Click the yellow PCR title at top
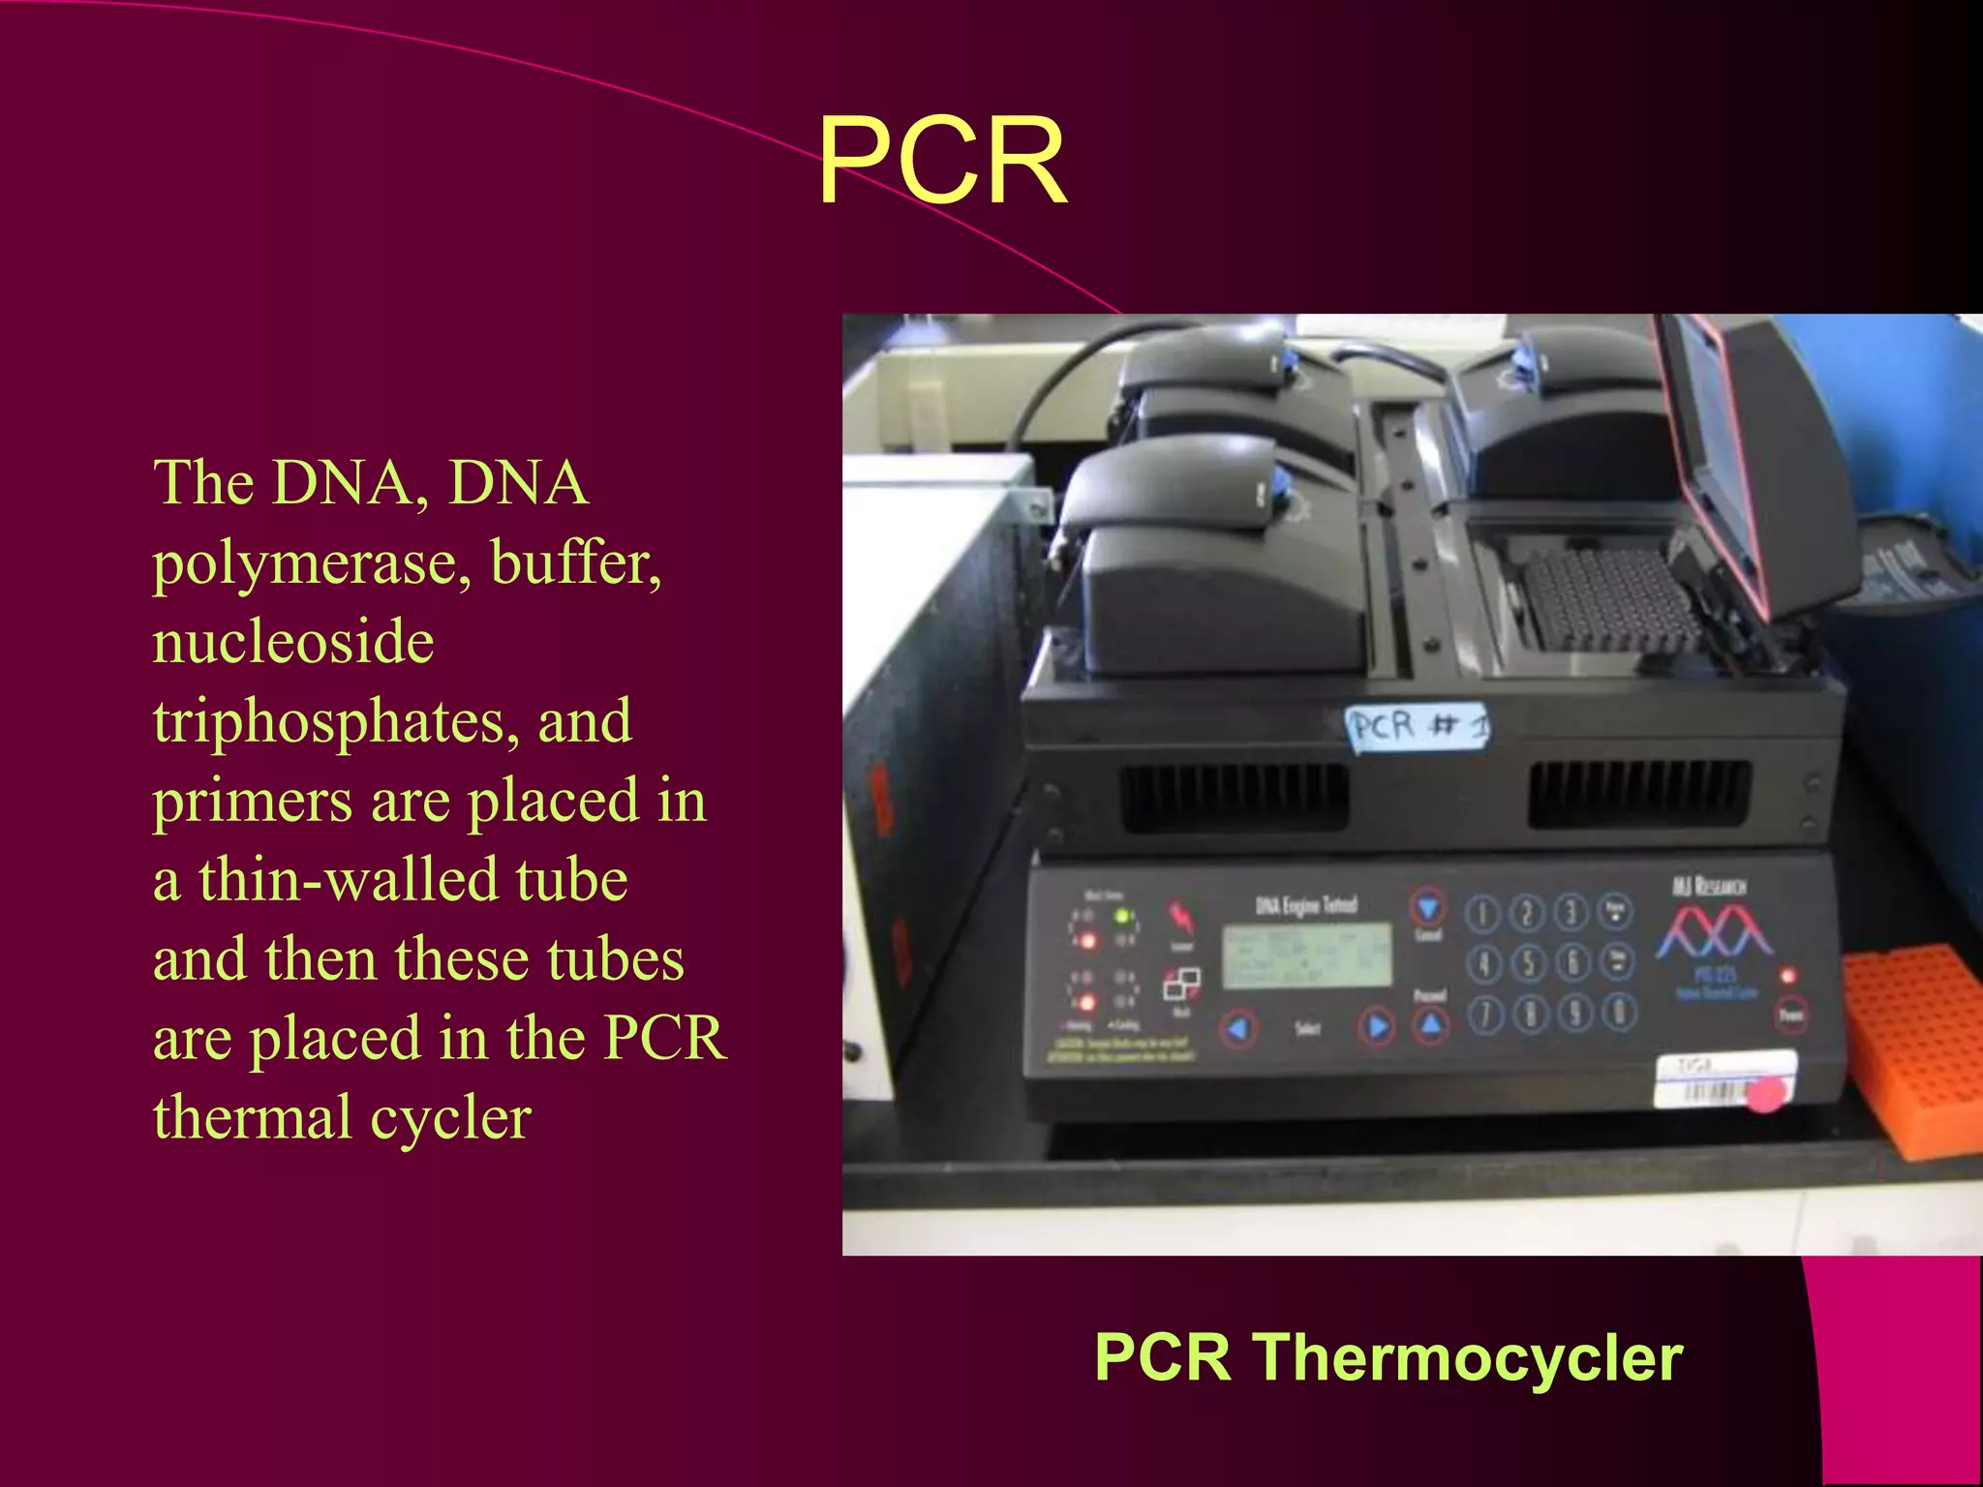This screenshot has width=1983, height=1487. click(941, 161)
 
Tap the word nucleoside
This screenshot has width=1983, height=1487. click(293, 643)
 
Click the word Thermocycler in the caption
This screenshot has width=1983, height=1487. click(1468, 1357)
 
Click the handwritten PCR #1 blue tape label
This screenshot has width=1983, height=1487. click(1418, 726)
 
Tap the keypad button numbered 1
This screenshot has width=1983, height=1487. click(1482, 913)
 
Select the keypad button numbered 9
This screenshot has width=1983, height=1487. click(1574, 1014)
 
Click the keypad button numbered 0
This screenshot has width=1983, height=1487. click(1619, 1012)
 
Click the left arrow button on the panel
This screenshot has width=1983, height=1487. click(1238, 1028)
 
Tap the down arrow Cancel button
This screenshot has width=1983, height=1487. click(1427, 907)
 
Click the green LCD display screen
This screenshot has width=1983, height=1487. click(1307, 955)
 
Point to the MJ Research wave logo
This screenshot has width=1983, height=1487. click(1713, 931)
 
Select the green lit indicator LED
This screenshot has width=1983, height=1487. click(1123, 915)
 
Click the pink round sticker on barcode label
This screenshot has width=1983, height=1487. click(1768, 1094)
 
